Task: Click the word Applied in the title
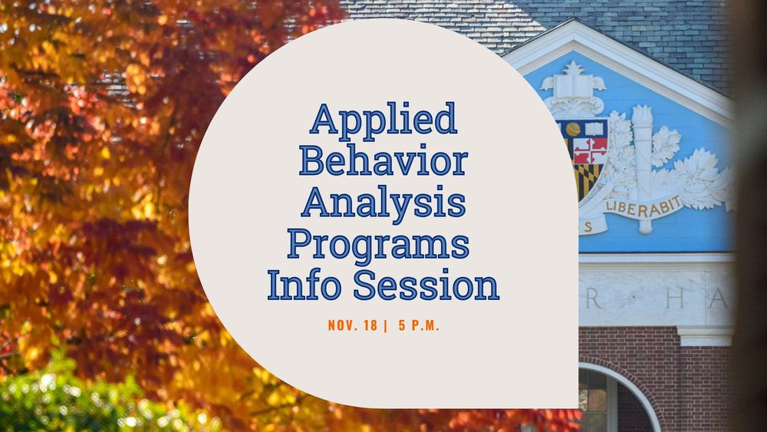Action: (x=383, y=120)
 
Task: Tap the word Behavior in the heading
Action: (x=383, y=161)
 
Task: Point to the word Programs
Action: (x=377, y=245)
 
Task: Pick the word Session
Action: (x=426, y=285)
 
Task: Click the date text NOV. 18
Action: (x=352, y=325)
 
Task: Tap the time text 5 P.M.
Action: (x=419, y=325)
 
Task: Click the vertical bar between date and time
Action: (x=385, y=325)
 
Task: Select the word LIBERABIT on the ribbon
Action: (x=634, y=206)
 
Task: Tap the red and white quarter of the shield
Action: (x=591, y=150)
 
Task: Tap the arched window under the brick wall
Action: (x=606, y=399)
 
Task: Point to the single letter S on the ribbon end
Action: (x=588, y=227)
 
